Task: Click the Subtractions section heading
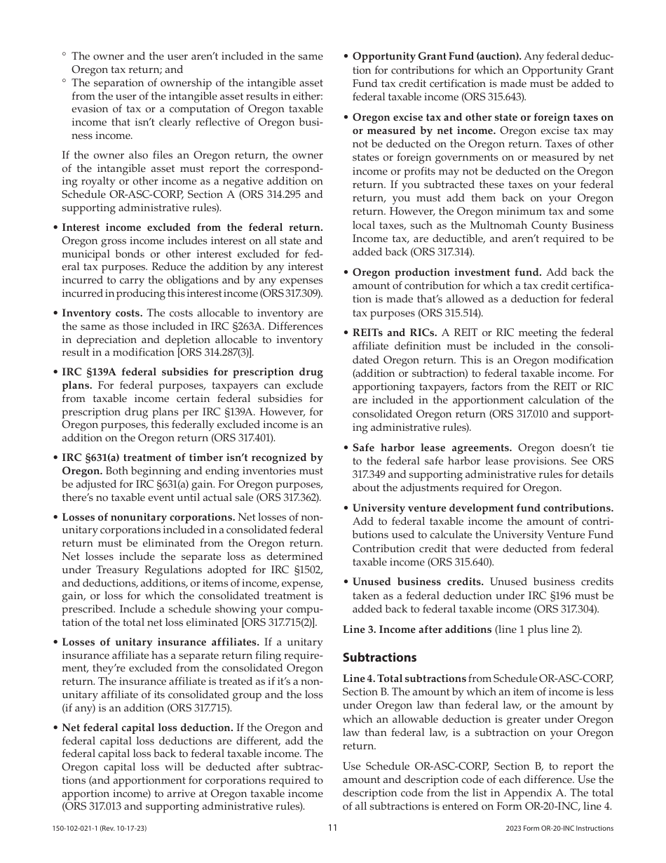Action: pos(379,657)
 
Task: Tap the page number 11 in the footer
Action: pos(333,828)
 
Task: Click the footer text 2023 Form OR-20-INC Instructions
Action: pos(559,829)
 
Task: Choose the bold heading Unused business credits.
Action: pos(418,582)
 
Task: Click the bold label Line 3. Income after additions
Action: pos(417,629)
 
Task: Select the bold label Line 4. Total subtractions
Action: pos(405,678)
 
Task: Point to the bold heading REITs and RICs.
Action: pos(394,333)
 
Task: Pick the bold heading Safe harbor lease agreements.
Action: pos(432,448)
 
